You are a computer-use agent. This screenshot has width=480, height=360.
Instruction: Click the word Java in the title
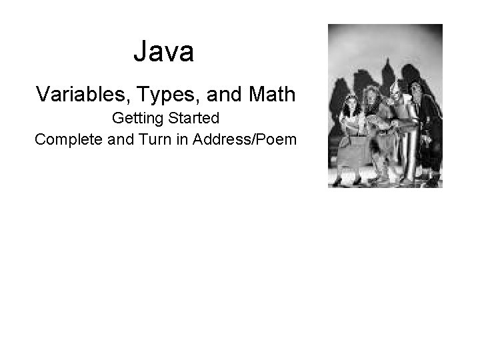[163, 52]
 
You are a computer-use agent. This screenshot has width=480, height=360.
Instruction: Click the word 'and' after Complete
[111, 139]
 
